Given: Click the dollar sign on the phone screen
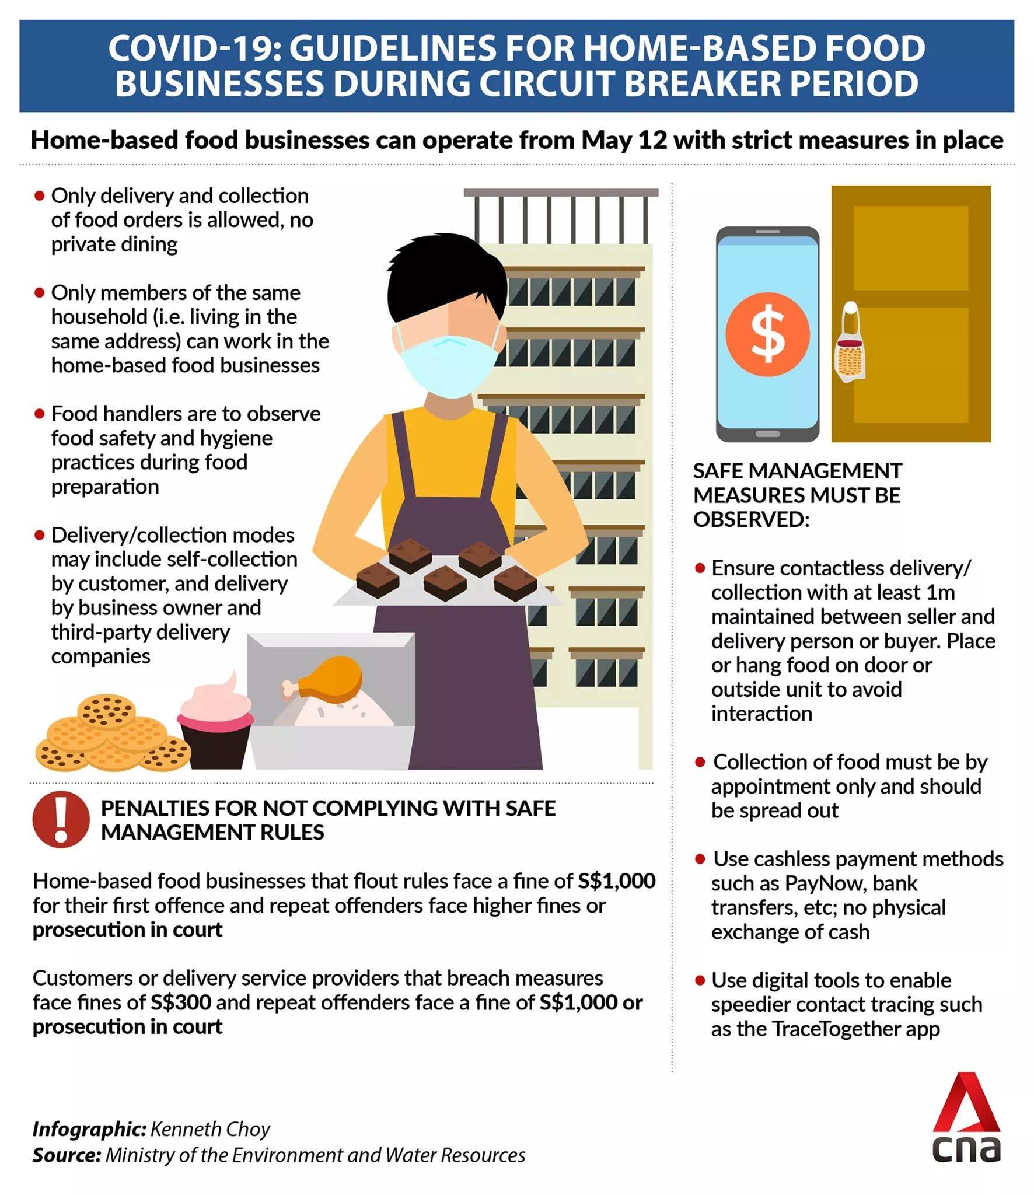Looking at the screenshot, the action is click(767, 334).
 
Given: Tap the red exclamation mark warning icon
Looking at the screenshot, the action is click(61, 819).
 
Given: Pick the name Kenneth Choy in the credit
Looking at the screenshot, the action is click(210, 1129).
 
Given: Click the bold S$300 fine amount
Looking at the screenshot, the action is click(181, 1002).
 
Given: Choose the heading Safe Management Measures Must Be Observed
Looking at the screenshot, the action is click(798, 495).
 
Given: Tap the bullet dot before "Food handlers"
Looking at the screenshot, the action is click(40, 414).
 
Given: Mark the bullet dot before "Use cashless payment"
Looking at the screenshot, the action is click(700, 859).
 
